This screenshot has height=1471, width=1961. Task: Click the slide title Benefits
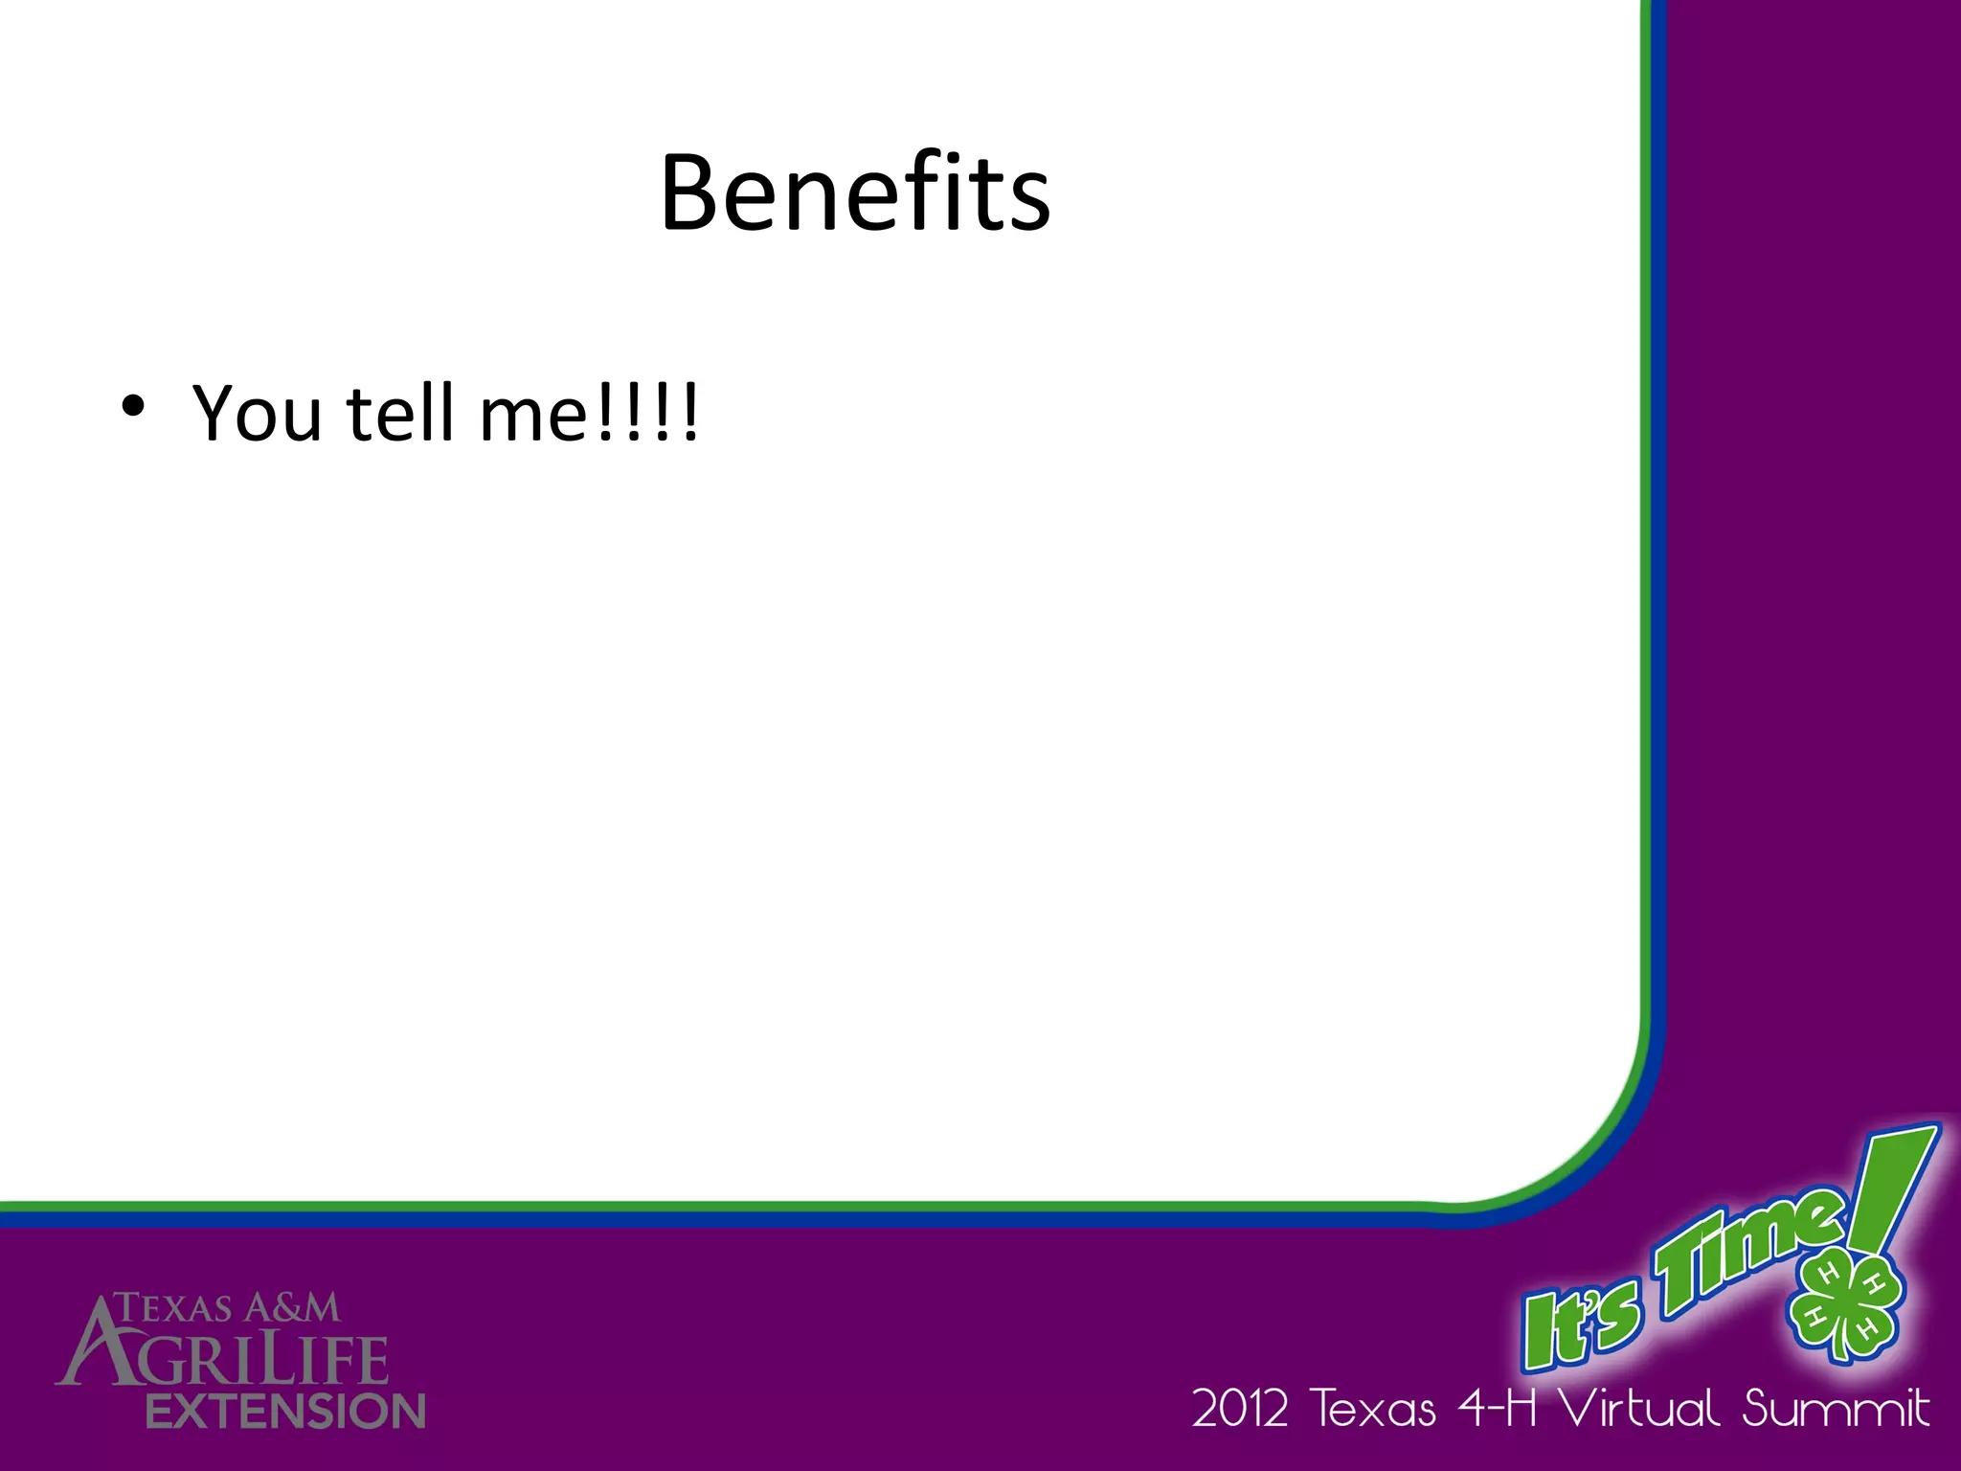tap(855, 193)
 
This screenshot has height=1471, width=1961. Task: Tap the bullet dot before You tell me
tap(133, 406)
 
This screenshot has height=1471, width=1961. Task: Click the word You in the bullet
tap(257, 414)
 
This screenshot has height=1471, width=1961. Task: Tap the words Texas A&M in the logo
tap(228, 1308)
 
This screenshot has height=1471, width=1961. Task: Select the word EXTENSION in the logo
tap(285, 1412)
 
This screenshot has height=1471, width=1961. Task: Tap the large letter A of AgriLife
tap(96, 1341)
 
